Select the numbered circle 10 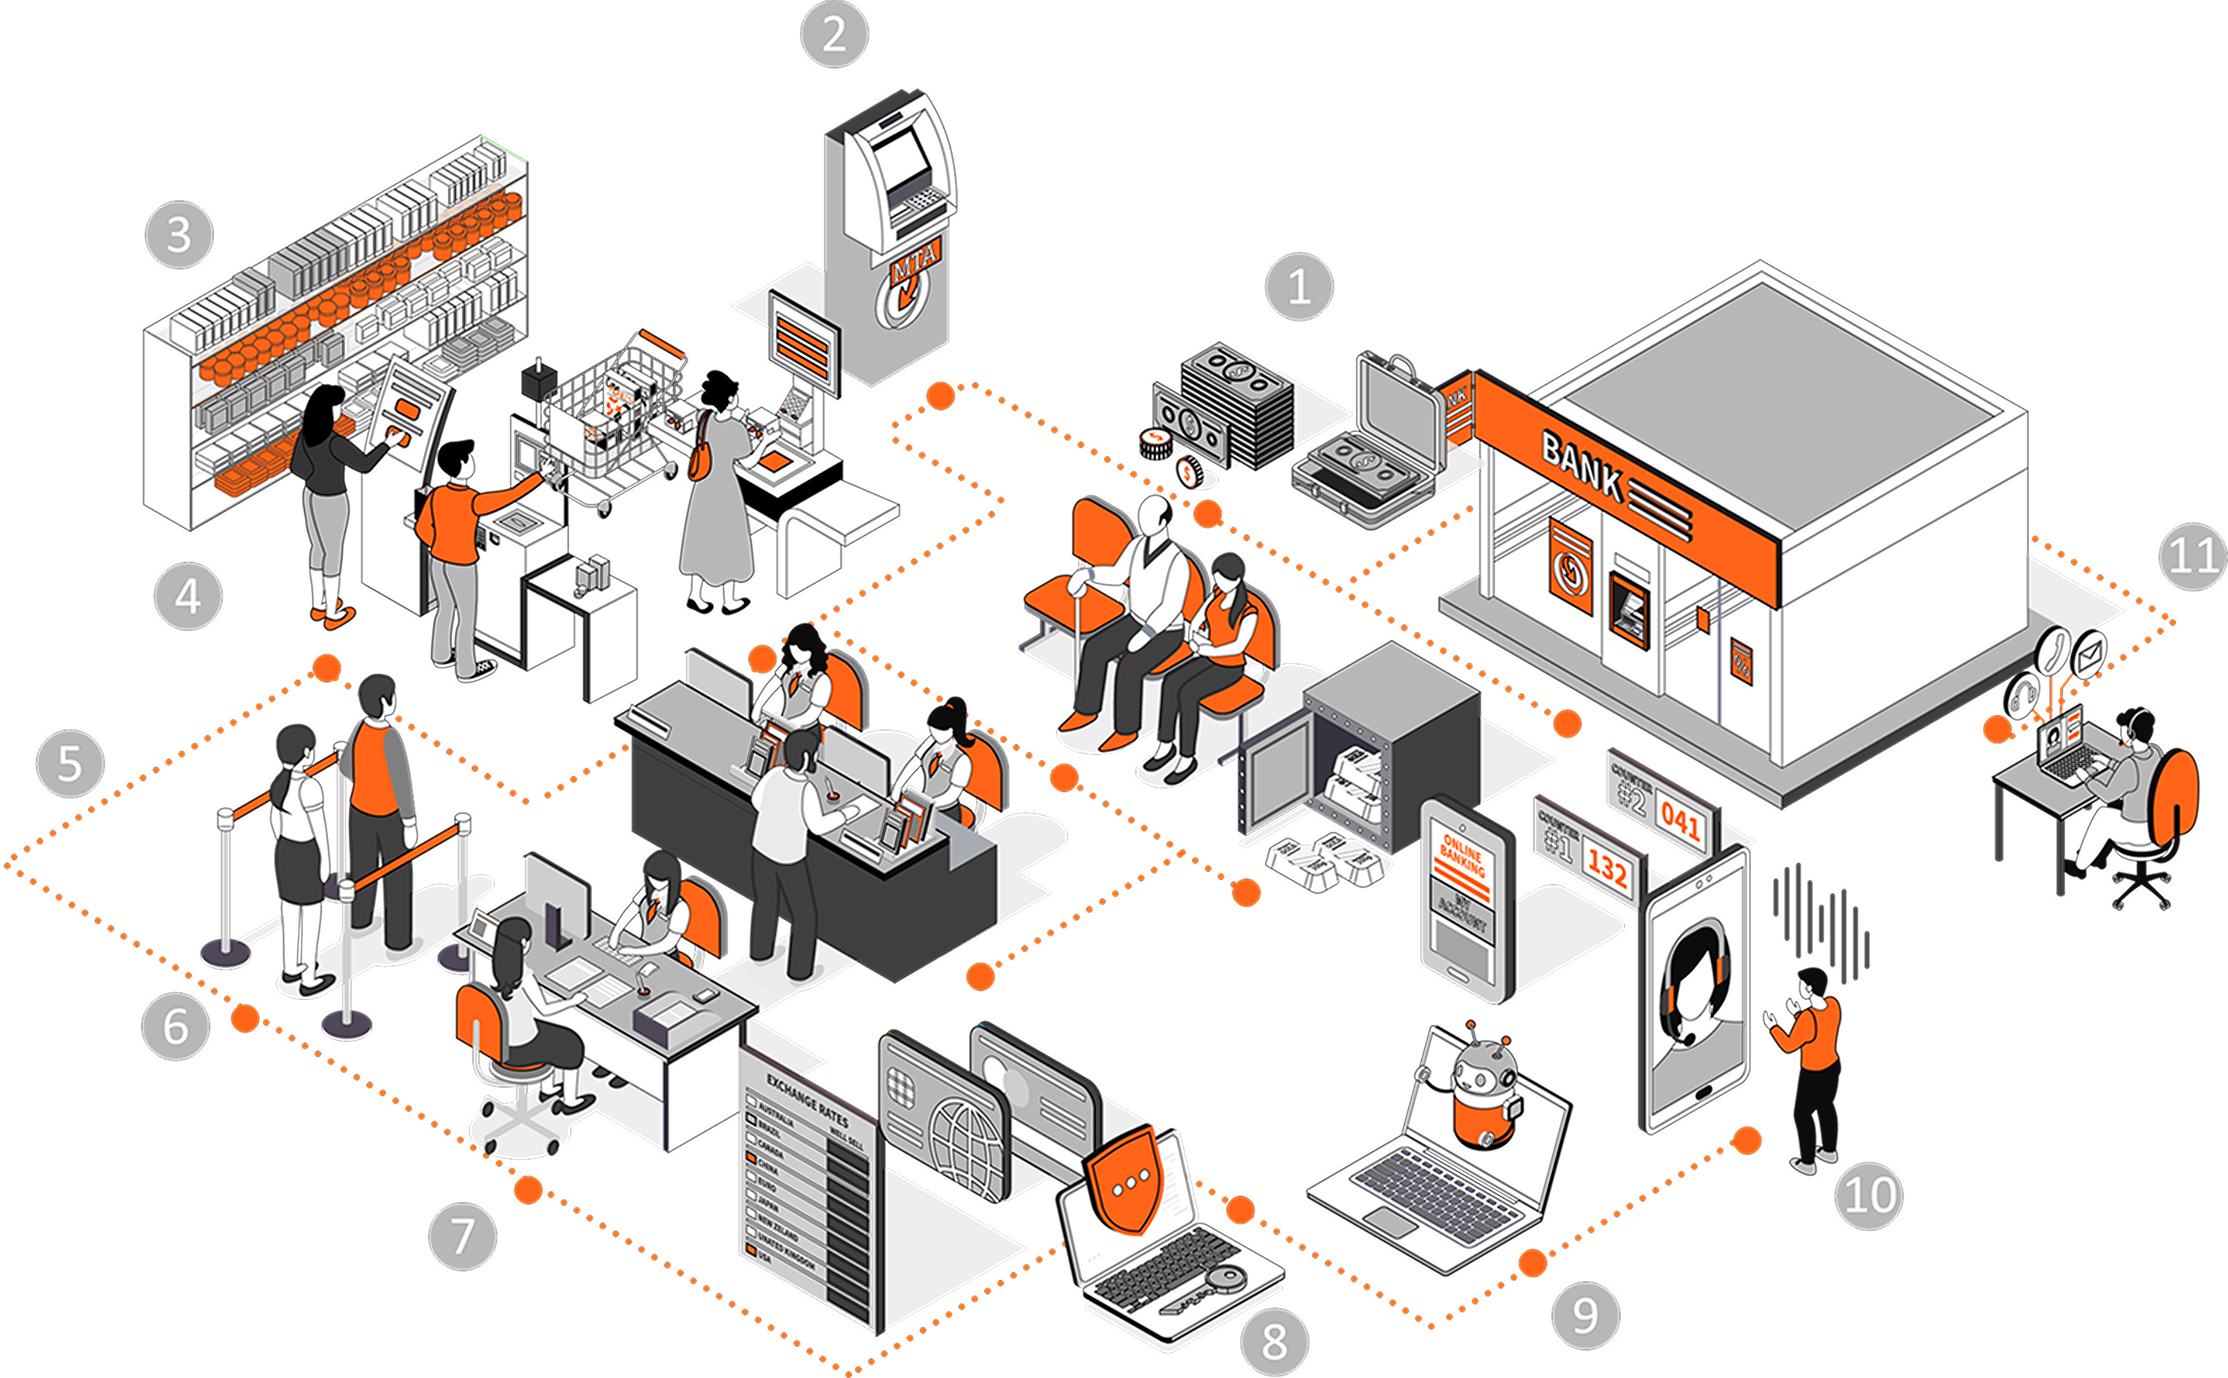click(x=1868, y=1195)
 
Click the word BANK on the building click(x=1581, y=466)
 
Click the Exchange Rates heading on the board click(x=807, y=1100)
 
